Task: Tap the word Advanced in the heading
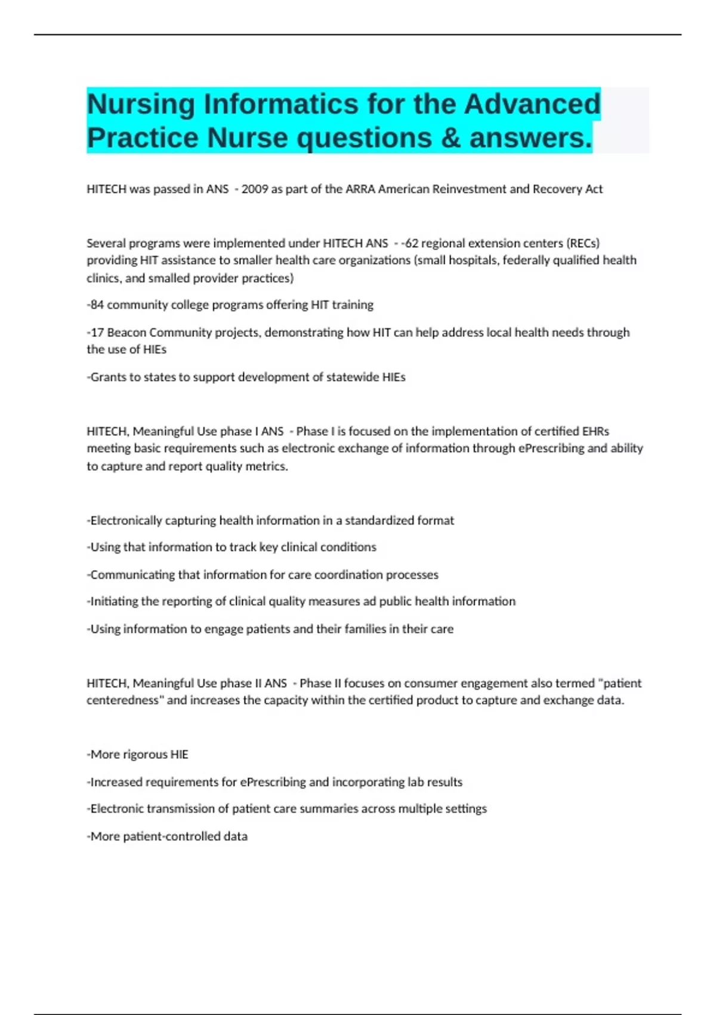tap(532, 104)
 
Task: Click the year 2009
tap(255, 189)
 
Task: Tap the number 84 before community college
tap(97, 305)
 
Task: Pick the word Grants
tap(109, 377)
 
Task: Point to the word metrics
tap(268, 467)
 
